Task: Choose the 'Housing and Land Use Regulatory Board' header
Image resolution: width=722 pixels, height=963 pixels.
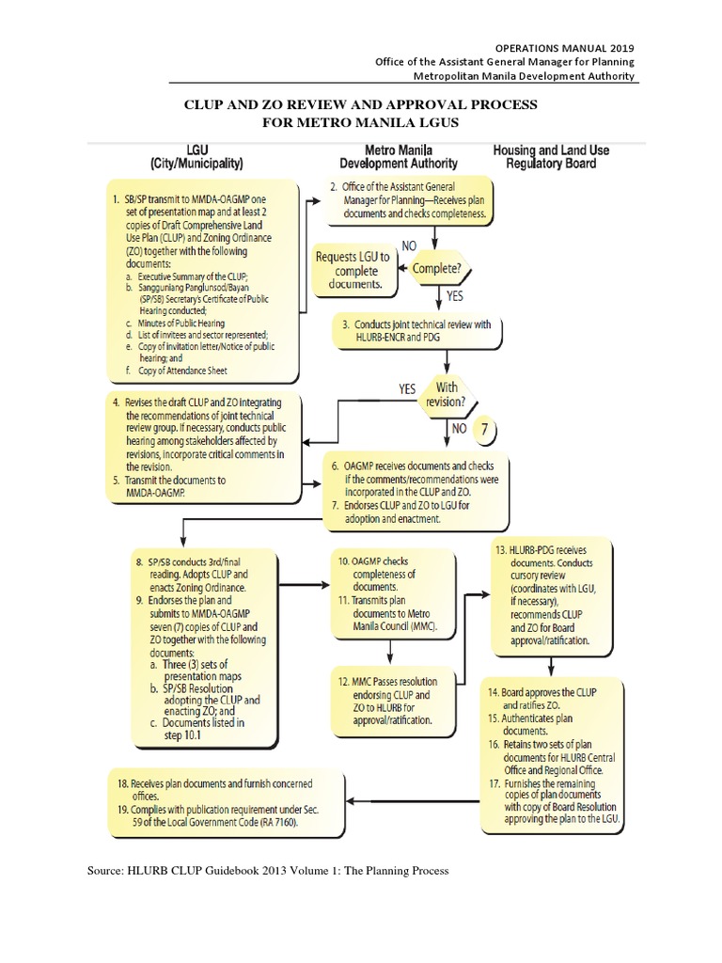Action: [554, 156]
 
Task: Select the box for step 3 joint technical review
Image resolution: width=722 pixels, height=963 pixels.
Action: [423, 331]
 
